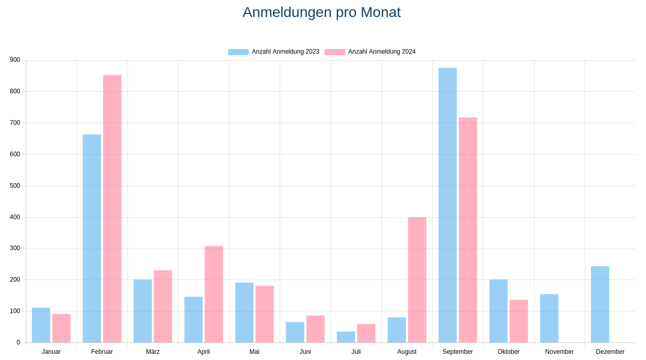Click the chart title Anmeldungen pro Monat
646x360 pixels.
point(321,12)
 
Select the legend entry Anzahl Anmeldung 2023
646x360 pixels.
point(273,52)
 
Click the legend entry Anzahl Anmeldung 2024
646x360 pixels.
point(370,52)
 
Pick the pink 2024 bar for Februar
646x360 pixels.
point(112,209)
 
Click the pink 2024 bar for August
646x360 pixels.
point(417,280)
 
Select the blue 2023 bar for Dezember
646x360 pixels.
point(600,304)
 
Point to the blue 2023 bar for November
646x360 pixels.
point(549,318)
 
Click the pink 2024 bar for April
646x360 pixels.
point(214,294)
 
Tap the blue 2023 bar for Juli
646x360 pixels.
point(346,337)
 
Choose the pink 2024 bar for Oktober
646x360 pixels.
point(519,321)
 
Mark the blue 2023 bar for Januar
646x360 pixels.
point(41,325)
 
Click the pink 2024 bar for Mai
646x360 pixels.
point(264,315)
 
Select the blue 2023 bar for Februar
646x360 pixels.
point(92,239)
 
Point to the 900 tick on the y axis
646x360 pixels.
point(15,60)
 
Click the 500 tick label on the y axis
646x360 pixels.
point(15,186)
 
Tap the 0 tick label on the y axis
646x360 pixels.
point(18,342)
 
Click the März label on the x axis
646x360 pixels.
point(153,352)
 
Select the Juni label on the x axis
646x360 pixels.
point(305,352)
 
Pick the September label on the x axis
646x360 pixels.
point(458,352)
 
